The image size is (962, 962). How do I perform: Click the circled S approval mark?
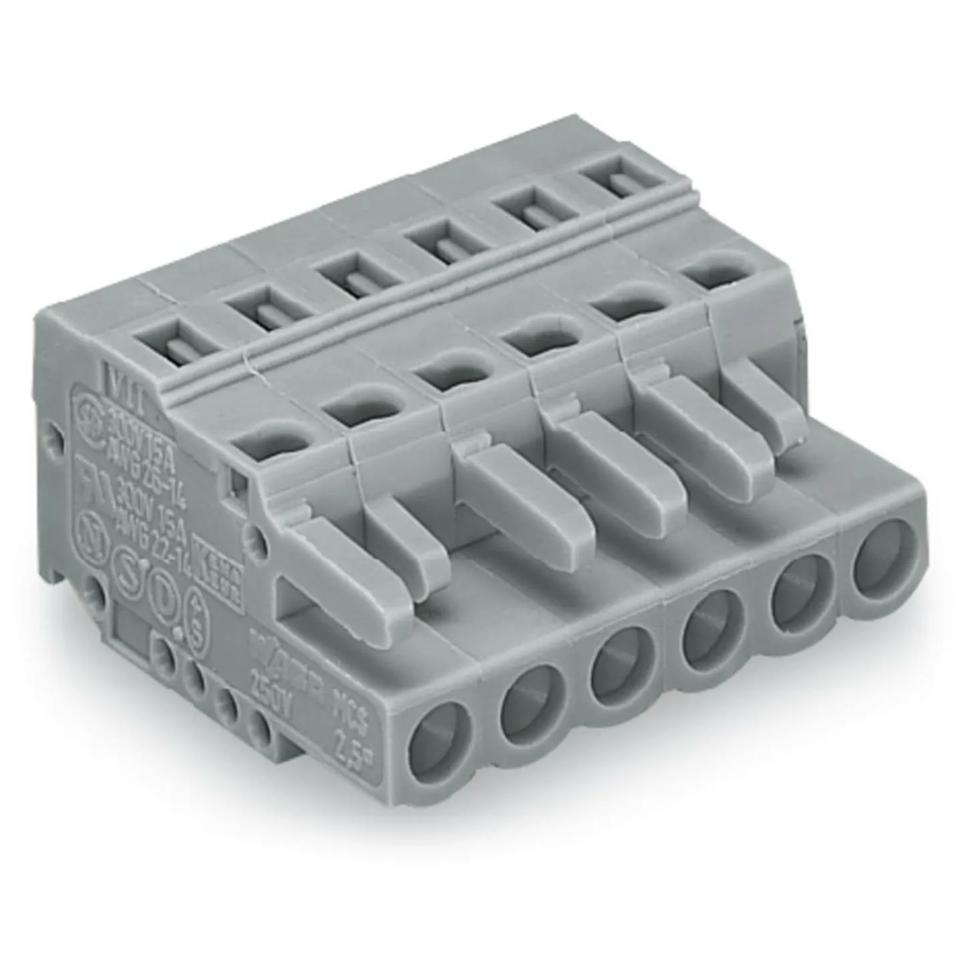pyautogui.click(x=127, y=558)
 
